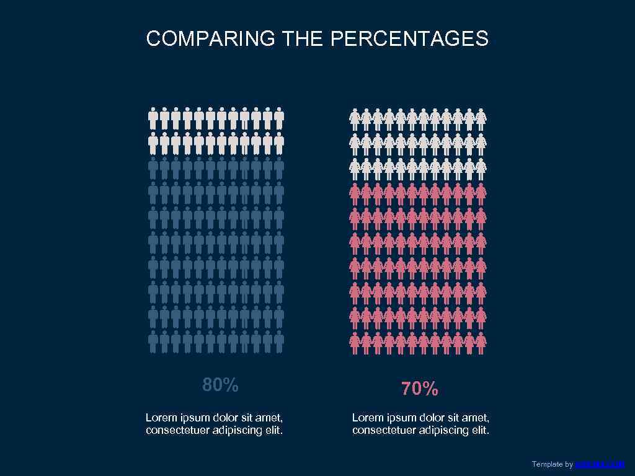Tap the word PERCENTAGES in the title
click(x=409, y=39)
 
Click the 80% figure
click(x=220, y=385)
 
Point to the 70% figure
click(x=420, y=389)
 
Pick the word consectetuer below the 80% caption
click(x=177, y=430)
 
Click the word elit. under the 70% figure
click(x=479, y=430)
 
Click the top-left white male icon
click(x=153, y=118)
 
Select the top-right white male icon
click(x=279, y=118)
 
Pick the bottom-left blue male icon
click(x=153, y=341)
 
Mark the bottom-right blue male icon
click(x=279, y=341)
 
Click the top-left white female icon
click(x=355, y=119)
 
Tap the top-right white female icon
click(x=481, y=119)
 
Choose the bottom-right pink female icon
click(x=481, y=343)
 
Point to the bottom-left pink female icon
click(x=355, y=343)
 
